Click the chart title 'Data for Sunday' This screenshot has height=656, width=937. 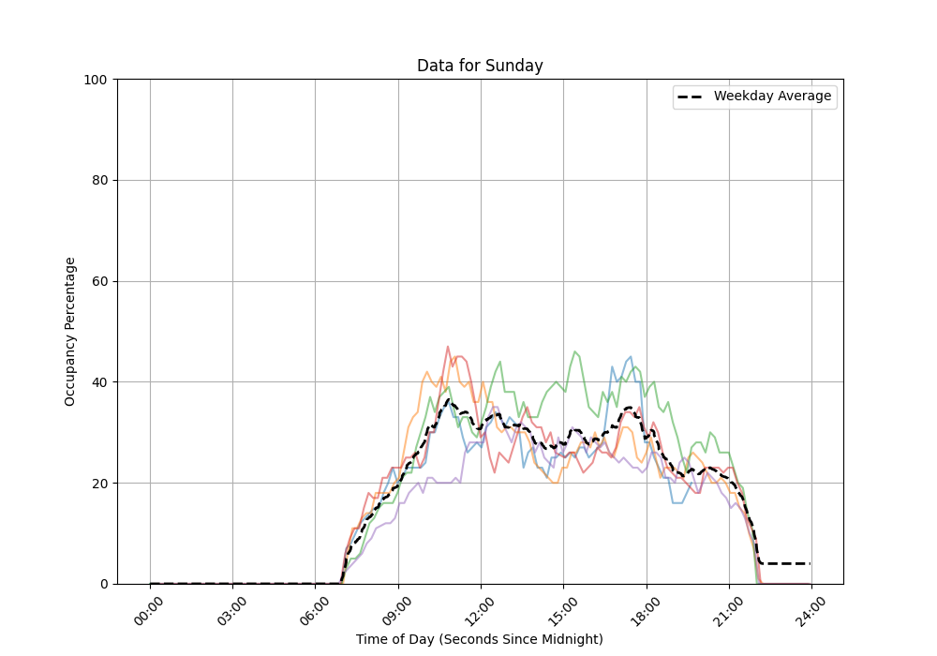click(480, 66)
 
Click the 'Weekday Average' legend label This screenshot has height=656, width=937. click(772, 97)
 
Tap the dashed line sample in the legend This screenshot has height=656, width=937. click(692, 97)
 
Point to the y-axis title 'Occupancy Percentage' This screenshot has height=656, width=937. click(70, 331)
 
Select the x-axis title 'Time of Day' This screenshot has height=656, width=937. click(480, 639)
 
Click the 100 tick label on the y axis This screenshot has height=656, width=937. click(95, 80)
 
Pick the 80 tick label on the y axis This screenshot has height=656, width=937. click(98, 181)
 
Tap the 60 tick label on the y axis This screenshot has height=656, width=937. click(98, 281)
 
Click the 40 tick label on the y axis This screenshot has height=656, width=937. click(98, 382)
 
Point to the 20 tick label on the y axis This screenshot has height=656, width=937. click(98, 484)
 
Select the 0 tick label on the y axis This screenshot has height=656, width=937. click(102, 584)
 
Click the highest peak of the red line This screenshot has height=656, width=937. click(448, 347)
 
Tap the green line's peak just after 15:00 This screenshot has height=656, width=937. click(575, 351)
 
